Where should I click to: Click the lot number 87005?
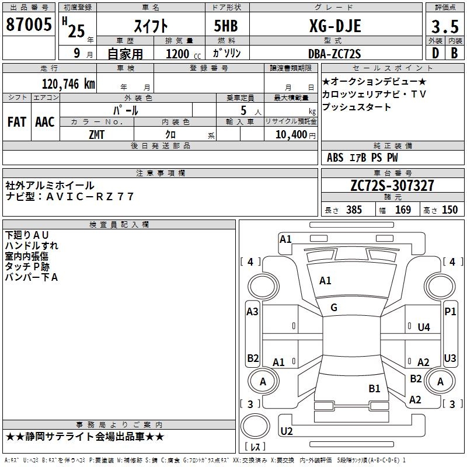(29, 26)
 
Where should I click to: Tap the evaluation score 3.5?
(444, 26)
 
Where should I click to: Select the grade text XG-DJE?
(334, 26)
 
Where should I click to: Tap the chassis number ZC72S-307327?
(392, 186)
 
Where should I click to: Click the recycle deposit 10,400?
(290, 134)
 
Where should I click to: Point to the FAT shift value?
(17, 122)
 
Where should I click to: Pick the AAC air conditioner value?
(45, 122)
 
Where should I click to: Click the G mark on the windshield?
(334, 308)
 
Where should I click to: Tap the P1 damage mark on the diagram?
(450, 312)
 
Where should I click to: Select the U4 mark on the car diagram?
(424, 327)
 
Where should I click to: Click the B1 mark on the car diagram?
(374, 388)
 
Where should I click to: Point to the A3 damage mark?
(252, 312)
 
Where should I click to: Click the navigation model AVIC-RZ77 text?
(88, 197)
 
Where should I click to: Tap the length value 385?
(353, 210)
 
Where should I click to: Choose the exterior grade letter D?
(435, 53)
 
